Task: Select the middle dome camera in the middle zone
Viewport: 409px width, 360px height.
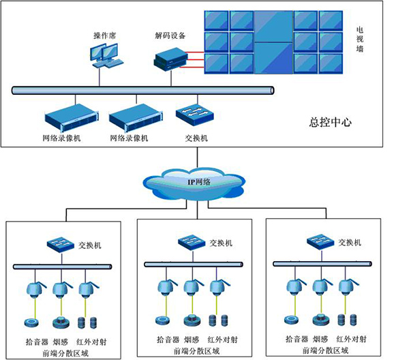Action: (x=192, y=287)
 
